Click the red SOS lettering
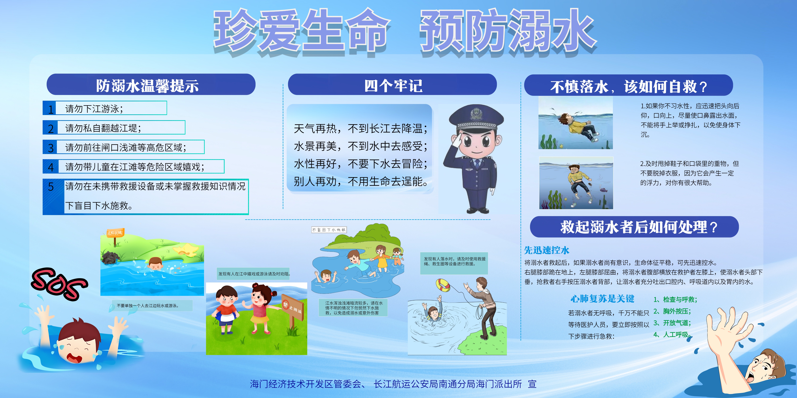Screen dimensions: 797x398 tap(59, 284)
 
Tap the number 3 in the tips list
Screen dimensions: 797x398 tap(51, 148)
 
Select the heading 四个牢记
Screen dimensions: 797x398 tap(393, 86)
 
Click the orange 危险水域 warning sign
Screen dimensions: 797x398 tap(115, 233)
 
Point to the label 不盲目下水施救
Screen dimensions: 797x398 tap(329, 230)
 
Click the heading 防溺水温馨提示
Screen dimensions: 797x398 tap(147, 86)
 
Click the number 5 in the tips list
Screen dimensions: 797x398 tap(51, 187)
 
